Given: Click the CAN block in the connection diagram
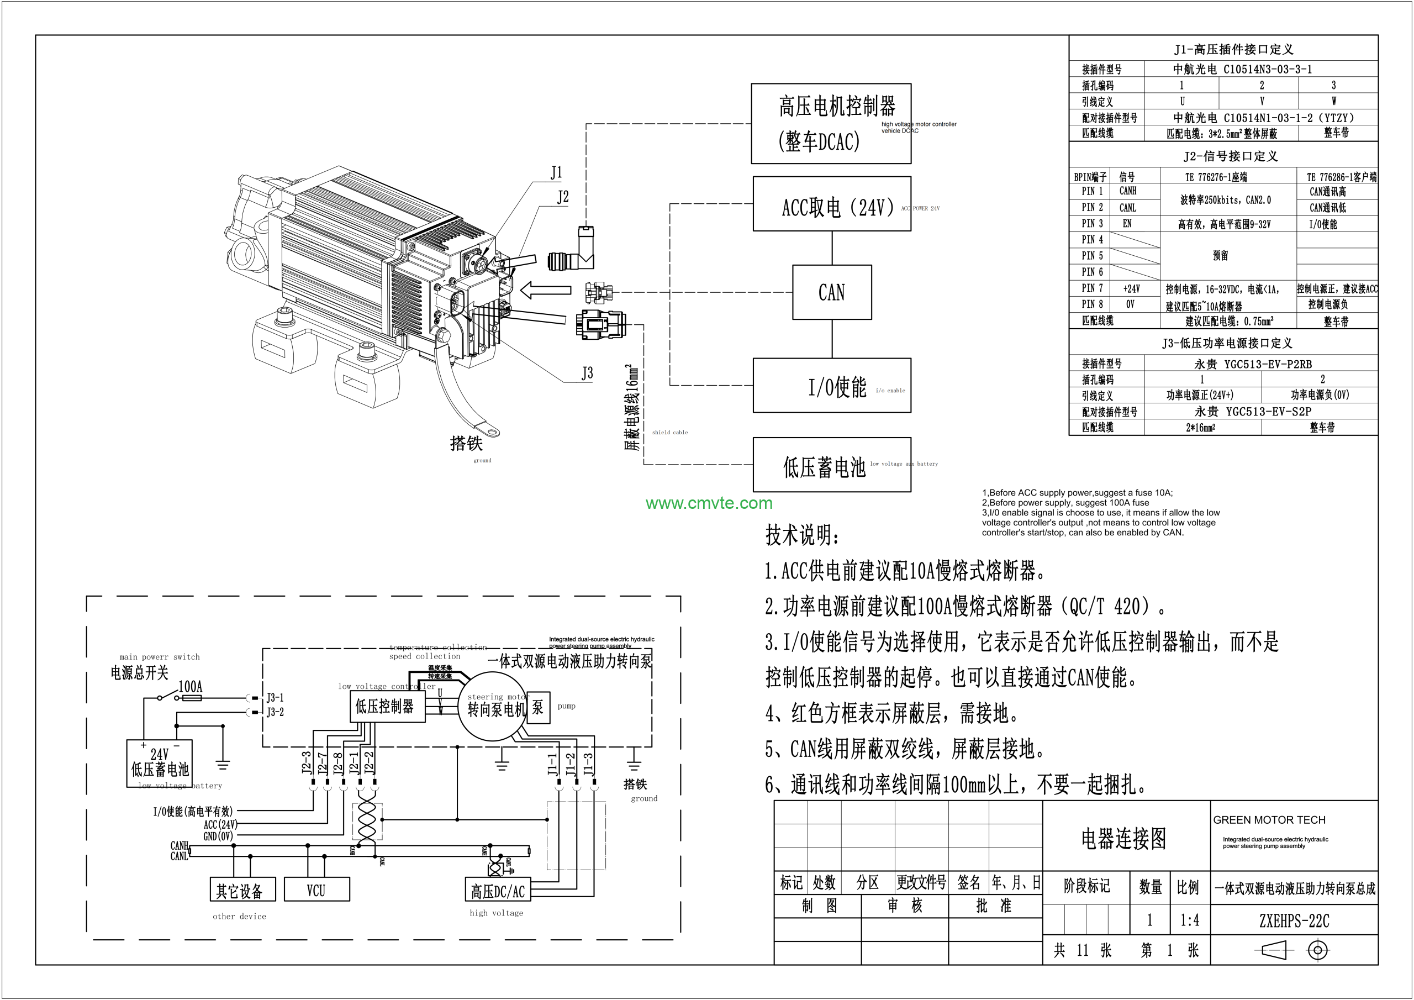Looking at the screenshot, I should (x=831, y=292).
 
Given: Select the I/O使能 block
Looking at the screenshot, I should (x=831, y=386).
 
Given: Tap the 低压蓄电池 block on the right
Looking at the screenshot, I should (x=831, y=465).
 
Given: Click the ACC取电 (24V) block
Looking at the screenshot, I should (x=831, y=204).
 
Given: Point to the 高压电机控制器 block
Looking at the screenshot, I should (x=831, y=124).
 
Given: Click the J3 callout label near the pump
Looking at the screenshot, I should (x=587, y=373).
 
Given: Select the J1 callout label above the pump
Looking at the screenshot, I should (x=556, y=172).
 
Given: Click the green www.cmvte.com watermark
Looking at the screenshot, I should (x=709, y=503).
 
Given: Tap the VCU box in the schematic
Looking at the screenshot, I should (x=316, y=890).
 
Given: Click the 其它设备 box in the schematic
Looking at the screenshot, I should (x=240, y=890).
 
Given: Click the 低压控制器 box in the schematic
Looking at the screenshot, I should (x=386, y=706).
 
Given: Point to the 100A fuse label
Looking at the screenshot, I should (x=191, y=686).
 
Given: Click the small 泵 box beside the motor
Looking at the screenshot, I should (x=537, y=707).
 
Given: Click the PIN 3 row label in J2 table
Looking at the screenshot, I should (x=1092, y=224).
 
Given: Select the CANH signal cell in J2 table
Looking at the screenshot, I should (x=1128, y=191).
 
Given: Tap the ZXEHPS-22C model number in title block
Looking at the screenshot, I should (x=1294, y=921).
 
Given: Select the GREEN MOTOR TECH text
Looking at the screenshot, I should (x=1269, y=820).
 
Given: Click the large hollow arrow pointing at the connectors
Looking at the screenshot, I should (x=546, y=290).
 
